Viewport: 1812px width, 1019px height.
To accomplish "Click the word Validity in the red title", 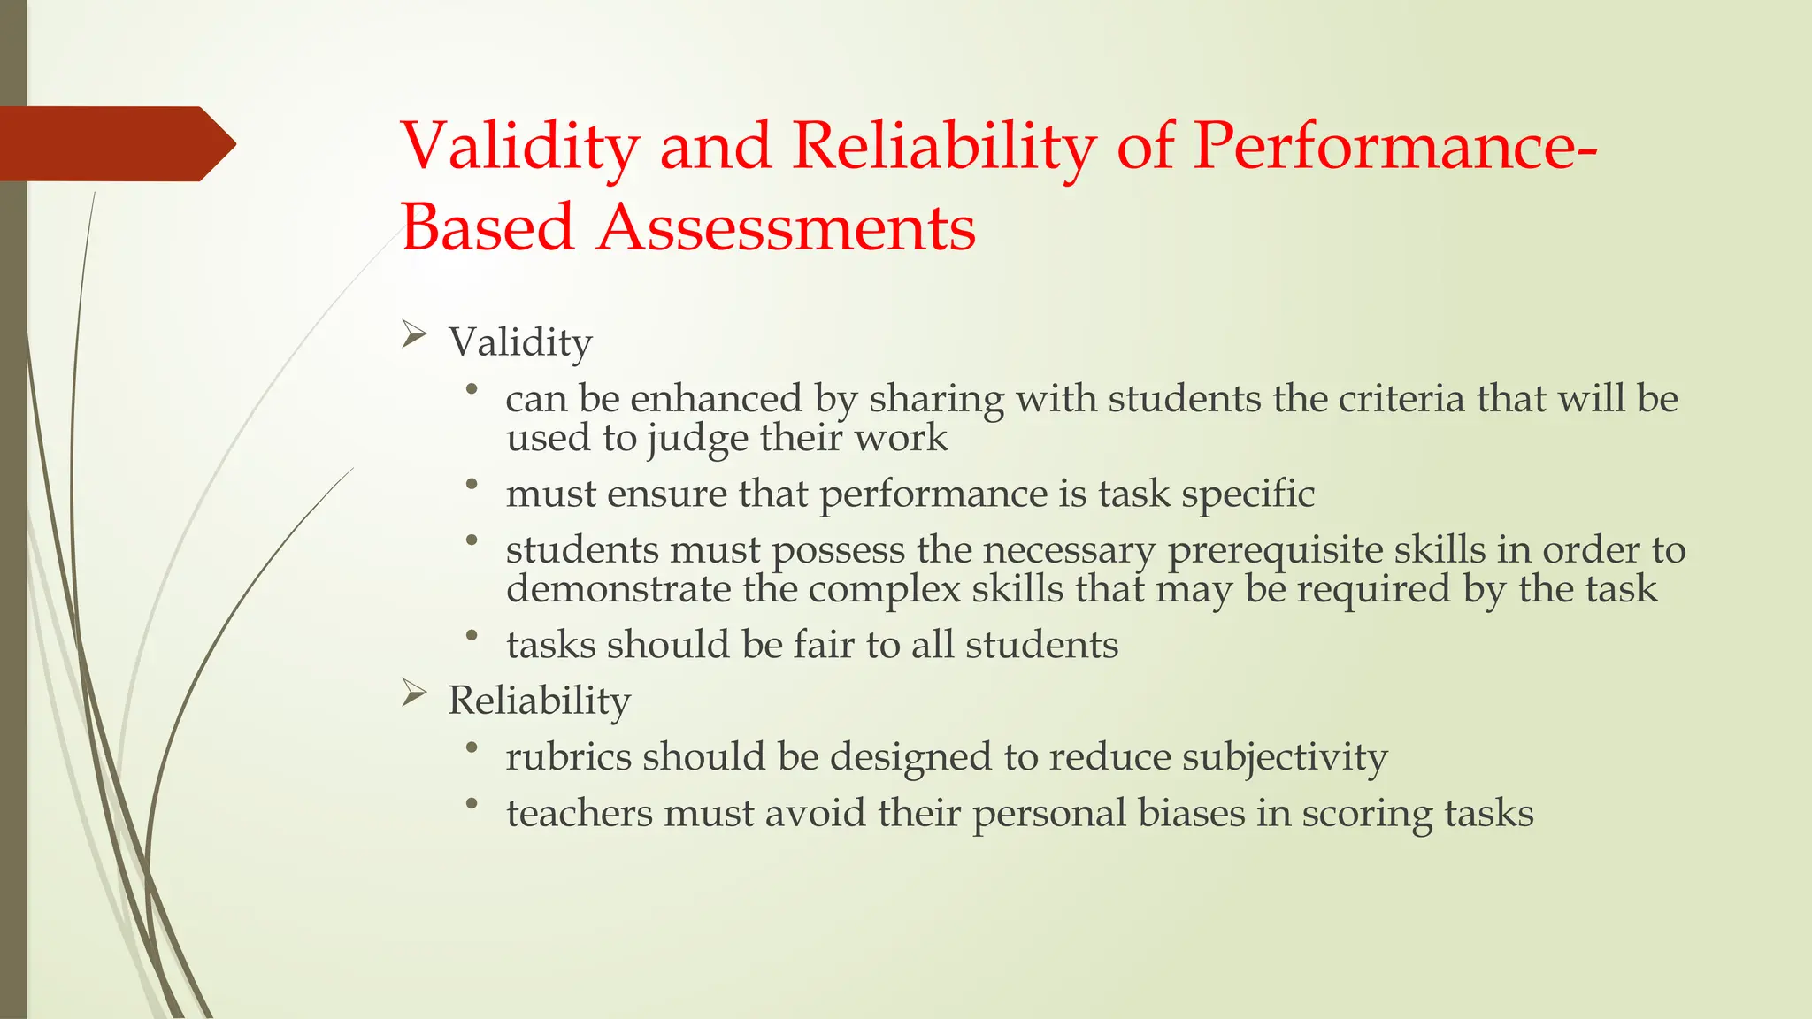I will point(519,146).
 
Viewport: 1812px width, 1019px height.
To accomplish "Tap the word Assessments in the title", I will point(786,228).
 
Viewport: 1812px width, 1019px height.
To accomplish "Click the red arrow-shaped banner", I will point(115,143).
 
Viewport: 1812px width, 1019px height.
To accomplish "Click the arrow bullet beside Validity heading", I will point(414,335).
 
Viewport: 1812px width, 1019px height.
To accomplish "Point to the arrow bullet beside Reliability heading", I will point(414,693).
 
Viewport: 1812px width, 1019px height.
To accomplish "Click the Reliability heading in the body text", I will point(539,701).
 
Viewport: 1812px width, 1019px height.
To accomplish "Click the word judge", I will point(697,439).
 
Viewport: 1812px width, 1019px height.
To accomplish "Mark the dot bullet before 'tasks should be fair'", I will point(472,635).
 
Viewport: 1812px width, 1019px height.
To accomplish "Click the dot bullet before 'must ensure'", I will point(472,484).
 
